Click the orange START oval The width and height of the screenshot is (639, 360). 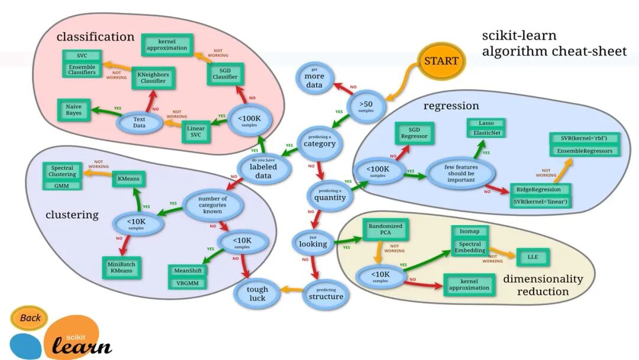tap(441, 61)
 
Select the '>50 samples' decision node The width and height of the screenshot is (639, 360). tap(366, 106)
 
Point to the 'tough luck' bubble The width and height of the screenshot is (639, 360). tap(257, 293)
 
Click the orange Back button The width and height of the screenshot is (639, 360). tap(30, 318)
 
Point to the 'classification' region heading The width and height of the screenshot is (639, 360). tap(95, 37)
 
